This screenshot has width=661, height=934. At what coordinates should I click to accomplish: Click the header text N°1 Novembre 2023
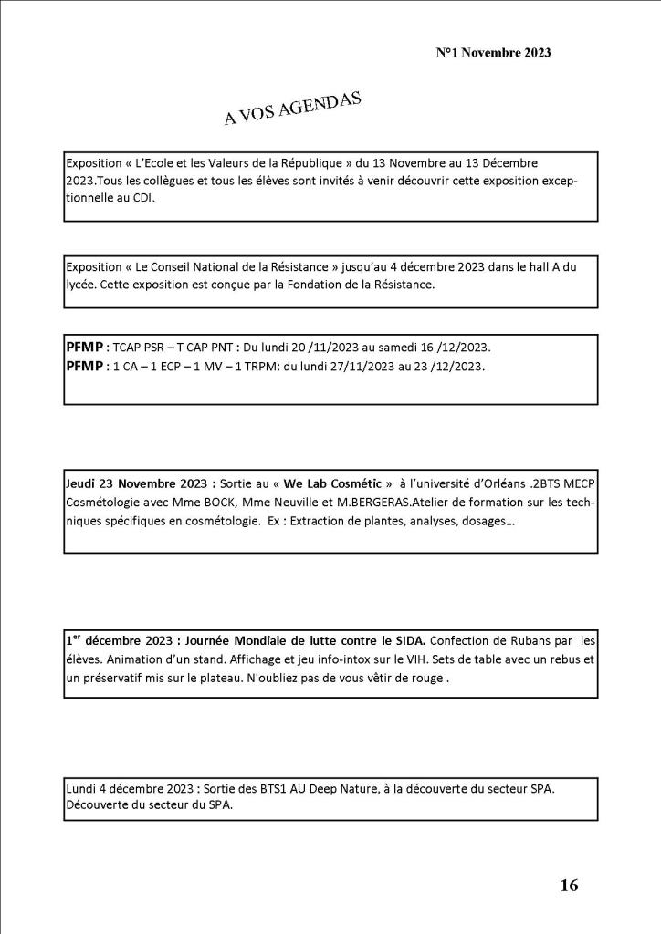point(493,53)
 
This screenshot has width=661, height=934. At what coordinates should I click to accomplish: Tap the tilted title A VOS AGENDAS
point(292,109)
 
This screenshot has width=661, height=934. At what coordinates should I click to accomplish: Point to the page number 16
point(569,885)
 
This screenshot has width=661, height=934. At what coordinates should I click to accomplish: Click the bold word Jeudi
point(83,483)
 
